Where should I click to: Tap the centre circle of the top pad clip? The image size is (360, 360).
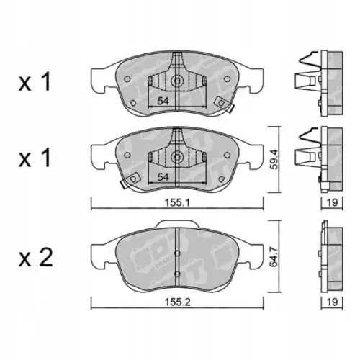[175, 81]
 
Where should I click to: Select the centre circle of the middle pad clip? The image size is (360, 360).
[175, 156]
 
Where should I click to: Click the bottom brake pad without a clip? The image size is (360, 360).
[144, 256]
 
